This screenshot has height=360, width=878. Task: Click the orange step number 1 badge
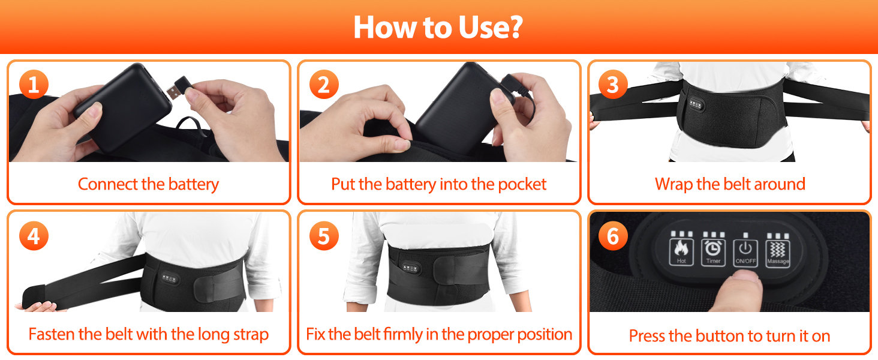pyautogui.click(x=34, y=85)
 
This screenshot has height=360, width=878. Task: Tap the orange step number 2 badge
pyautogui.click(x=324, y=85)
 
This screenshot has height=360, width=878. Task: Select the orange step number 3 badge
pyautogui.click(x=613, y=85)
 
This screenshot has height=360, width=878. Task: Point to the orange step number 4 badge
pyautogui.click(x=34, y=236)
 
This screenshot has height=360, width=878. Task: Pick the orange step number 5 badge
pyautogui.click(x=324, y=236)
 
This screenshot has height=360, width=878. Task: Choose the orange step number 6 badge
pyautogui.click(x=613, y=236)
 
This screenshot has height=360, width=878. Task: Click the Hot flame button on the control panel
pyautogui.click(x=681, y=251)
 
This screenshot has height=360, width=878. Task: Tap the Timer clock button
pyautogui.click(x=713, y=252)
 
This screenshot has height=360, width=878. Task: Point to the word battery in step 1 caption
pyautogui.click(x=194, y=184)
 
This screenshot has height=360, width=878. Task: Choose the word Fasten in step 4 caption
pyautogui.click(x=52, y=334)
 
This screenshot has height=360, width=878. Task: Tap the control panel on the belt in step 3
pyautogui.click(x=695, y=104)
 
